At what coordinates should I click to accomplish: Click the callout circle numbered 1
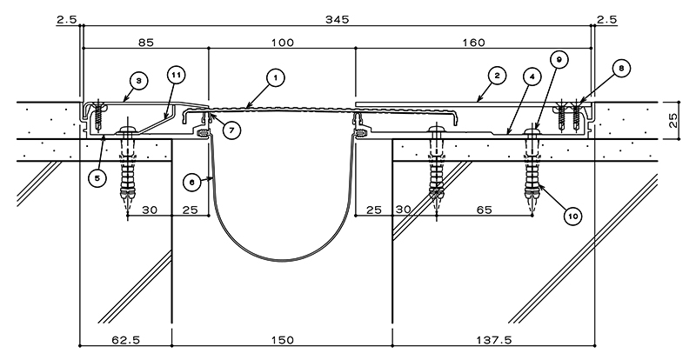pyautogui.click(x=276, y=78)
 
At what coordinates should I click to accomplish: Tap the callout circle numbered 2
pyautogui.click(x=497, y=76)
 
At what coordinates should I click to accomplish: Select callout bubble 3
pyautogui.click(x=139, y=81)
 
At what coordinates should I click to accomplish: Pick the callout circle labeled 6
pyautogui.click(x=191, y=183)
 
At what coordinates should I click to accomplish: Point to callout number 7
pyautogui.click(x=231, y=130)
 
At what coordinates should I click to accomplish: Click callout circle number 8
pyautogui.click(x=621, y=69)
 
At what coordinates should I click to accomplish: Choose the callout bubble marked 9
pyautogui.click(x=559, y=59)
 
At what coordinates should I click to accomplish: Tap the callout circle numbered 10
pyautogui.click(x=572, y=217)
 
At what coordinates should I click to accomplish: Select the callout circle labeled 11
pyautogui.click(x=177, y=75)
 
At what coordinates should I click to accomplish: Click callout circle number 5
pyautogui.click(x=97, y=178)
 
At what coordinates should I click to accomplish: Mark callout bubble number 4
pyautogui.click(x=532, y=77)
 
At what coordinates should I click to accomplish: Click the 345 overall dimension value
pyautogui.click(x=338, y=19)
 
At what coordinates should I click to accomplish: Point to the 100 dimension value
pyautogui.click(x=282, y=43)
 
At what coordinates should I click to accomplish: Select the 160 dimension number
pyautogui.click(x=473, y=43)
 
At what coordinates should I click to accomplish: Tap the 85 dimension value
pyautogui.click(x=146, y=43)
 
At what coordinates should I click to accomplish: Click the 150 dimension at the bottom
pyautogui.click(x=282, y=341)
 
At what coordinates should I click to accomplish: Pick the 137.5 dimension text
pyautogui.click(x=493, y=341)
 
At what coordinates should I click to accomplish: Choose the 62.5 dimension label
pyautogui.click(x=125, y=341)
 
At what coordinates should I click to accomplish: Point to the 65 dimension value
pyautogui.click(x=485, y=210)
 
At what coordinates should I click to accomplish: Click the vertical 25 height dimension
pyautogui.click(x=673, y=120)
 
